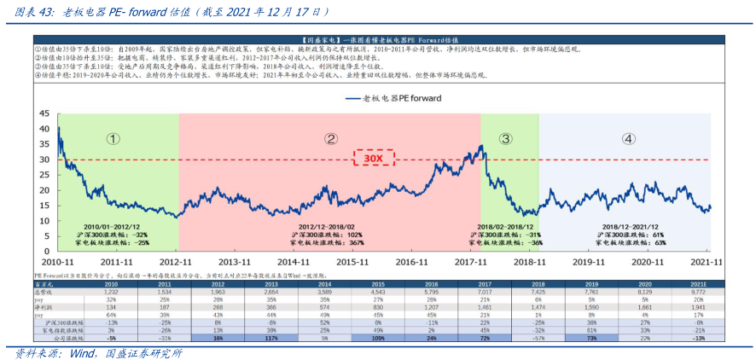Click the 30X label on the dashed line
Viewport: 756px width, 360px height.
[372, 159]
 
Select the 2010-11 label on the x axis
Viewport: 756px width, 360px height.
[57, 262]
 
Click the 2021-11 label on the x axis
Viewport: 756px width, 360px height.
[707, 262]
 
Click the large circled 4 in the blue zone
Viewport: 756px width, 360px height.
[628, 138]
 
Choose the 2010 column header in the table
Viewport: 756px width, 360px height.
[111, 283]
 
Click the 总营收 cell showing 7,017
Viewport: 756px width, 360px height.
[485, 291]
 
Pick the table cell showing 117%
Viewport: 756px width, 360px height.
[272, 338]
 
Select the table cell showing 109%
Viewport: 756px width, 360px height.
[378, 338]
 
